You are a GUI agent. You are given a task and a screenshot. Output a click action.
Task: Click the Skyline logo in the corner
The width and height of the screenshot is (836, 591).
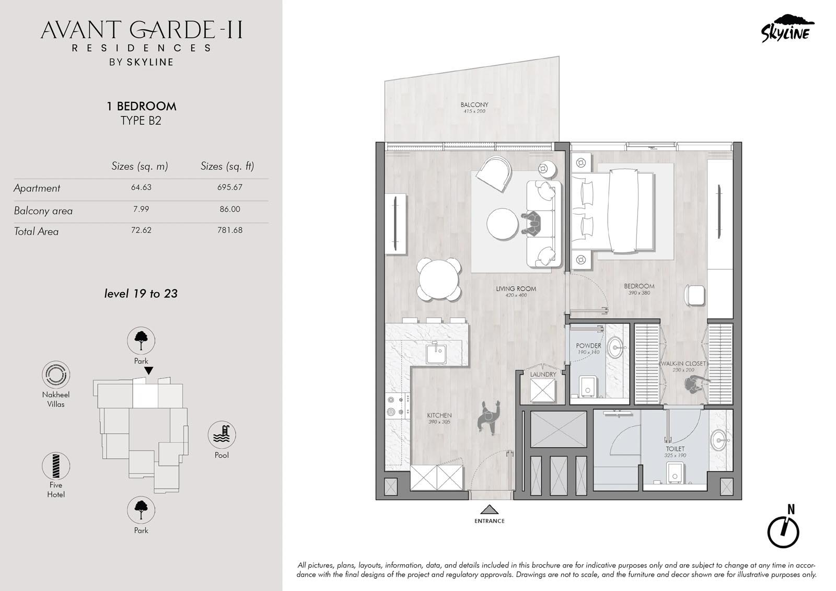pos(787,29)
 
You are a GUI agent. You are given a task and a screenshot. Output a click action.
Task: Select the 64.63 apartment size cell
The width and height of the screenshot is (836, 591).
pos(141,187)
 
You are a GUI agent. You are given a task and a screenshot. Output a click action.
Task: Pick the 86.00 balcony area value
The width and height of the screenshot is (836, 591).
pos(229,209)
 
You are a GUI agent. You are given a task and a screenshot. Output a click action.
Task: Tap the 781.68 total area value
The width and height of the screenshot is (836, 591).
pos(229,230)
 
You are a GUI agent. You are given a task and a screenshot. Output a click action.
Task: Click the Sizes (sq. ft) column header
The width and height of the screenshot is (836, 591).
pos(227,166)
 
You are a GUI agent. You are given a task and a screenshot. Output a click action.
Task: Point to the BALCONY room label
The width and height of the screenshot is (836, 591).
pos(474,105)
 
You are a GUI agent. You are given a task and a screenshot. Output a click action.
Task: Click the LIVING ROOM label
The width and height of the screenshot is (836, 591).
pos(516,288)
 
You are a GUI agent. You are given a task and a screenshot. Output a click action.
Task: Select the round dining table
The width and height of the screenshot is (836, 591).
pos(439,279)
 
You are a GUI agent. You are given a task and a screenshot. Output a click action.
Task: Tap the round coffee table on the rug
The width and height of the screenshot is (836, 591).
pos(502,224)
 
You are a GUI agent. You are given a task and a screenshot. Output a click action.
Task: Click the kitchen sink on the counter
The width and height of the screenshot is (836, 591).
pos(436,352)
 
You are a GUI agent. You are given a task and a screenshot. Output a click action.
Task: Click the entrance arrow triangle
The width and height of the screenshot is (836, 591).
pos(489,509)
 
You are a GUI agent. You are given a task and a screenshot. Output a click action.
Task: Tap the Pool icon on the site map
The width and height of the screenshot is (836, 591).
pos(222,435)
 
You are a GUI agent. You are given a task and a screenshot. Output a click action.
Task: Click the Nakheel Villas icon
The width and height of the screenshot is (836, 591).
pos(56,375)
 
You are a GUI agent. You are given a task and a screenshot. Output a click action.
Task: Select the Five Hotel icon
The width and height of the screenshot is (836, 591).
pos(56,466)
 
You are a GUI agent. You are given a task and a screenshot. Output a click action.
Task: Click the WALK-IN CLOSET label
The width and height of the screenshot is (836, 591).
pos(683,363)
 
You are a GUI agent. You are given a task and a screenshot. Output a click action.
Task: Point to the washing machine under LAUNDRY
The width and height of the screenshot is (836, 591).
pos(543,391)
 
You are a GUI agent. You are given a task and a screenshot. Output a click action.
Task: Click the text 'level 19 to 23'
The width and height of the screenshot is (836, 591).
pos(141,294)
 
